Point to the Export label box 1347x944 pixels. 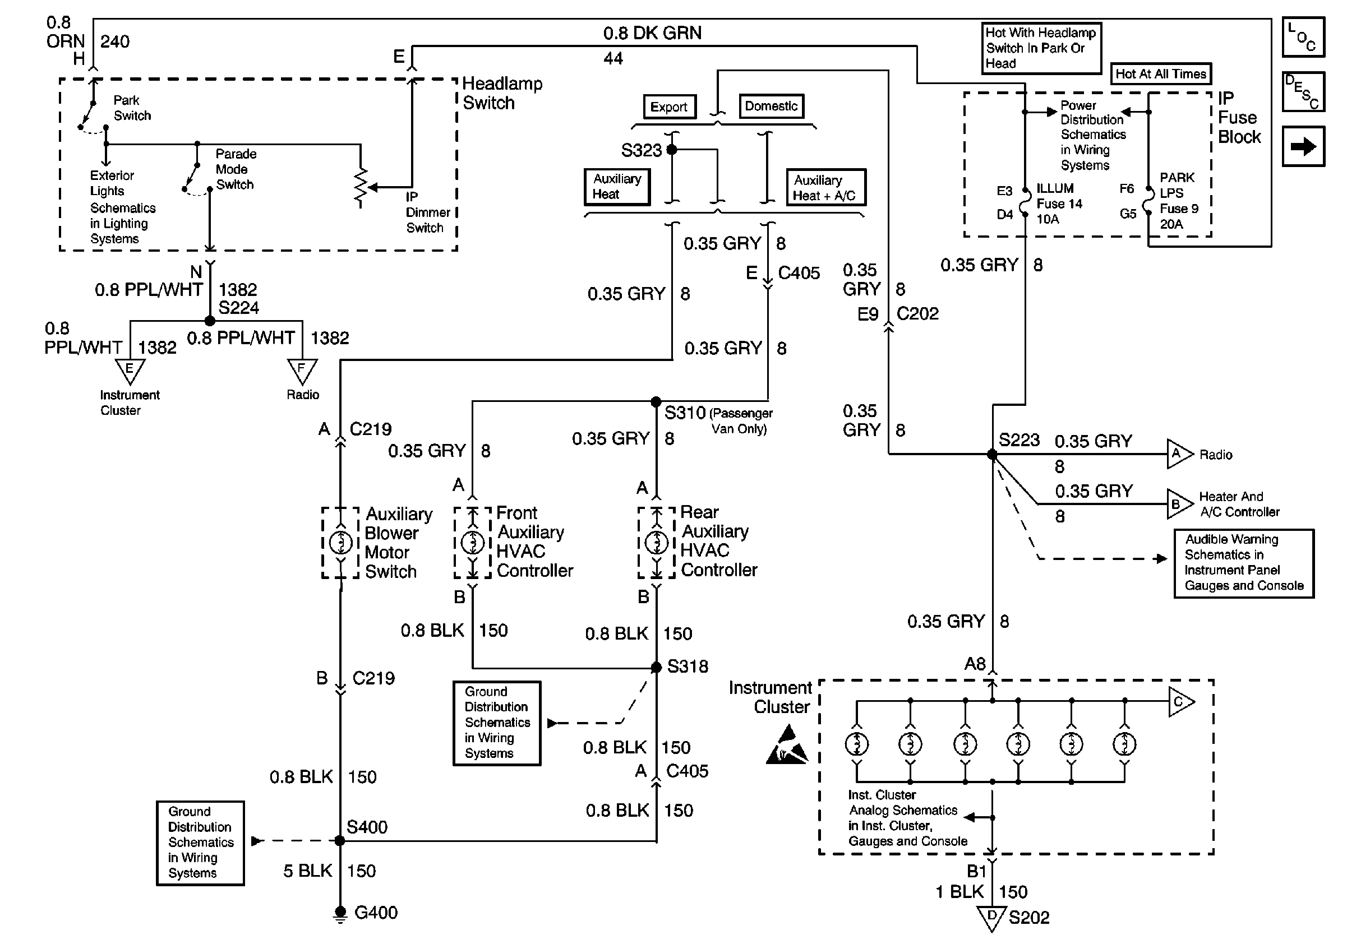pyautogui.click(x=669, y=107)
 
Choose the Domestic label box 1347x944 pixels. pyautogui.click(x=771, y=106)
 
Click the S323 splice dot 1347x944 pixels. pyautogui.click(x=672, y=150)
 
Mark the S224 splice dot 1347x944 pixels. pyautogui.click(x=209, y=321)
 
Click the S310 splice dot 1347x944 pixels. pyautogui.click(x=656, y=401)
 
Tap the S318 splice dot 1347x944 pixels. pyautogui.click(x=656, y=667)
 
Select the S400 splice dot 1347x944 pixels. pyautogui.click(x=340, y=840)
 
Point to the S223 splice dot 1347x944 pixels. pyautogui.click(x=992, y=454)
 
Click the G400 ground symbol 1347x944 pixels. pyautogui.click(x=340, y=913)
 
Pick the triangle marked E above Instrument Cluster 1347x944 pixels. pyautogui.click(x=130, y=371)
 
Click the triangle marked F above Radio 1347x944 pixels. pyautogui.click(x=302, y=371)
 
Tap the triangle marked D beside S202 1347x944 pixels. pyautogui.click(x=991, y=917)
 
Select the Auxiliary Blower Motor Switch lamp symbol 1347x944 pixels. pyautogui.click(x=340, y=543)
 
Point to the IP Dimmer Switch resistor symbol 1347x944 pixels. pyautogui.click(x=360, y=188)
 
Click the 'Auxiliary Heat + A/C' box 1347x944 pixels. pyautogui.click(x=825, y=188)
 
